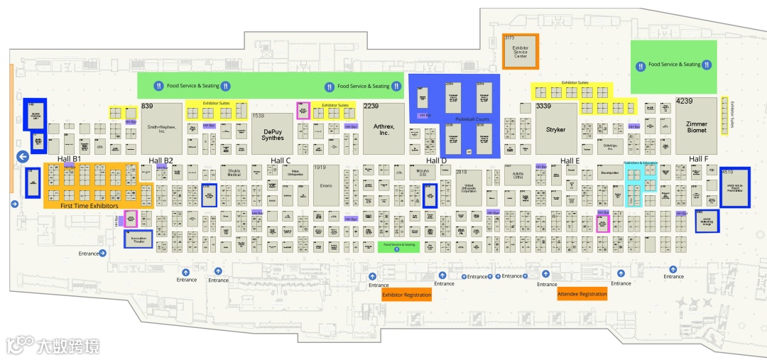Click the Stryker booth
[x=555, y=129]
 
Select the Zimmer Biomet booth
[x=696, y=126]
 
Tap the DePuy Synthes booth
[x=272, y=133]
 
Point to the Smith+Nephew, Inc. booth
[x=161, y=129]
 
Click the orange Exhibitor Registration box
[x=407, y=295]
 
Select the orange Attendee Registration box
[x=582, y=293]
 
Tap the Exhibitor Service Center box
[x=521, y=52]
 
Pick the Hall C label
[x=281, y=160]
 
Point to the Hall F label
[x=699, y=159]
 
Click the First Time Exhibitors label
[x=89, y=205]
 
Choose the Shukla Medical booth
[x=234, y=173]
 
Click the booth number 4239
[x=684, y=102]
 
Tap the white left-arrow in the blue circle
[x=23, y=156]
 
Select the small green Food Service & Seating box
[x=399, y=246]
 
